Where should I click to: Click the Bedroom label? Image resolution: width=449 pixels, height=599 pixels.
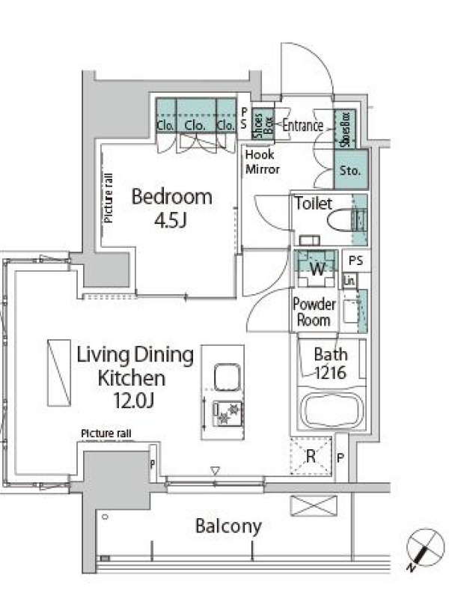(x=172, y=196)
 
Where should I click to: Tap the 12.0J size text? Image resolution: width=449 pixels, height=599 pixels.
(x=134, y=401)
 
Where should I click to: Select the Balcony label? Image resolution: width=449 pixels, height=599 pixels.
(x=228, y=526)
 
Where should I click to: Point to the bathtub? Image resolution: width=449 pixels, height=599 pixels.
(x=332, y=410)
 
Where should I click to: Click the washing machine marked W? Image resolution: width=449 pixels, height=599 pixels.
(x=317, y=268)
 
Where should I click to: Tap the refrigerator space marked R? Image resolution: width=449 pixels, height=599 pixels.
(x=311, y=456)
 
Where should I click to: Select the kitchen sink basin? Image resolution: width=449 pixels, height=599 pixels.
(x=227, y=377)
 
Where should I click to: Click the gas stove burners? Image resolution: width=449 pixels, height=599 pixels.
(x=227, y=413)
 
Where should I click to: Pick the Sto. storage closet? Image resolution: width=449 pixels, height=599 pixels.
(x=351, y=169)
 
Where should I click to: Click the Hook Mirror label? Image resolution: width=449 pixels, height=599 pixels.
(x=263, y=162)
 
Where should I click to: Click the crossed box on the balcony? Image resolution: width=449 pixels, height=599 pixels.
(x=314, y=506)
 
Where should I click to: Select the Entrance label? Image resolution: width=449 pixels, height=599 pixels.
(x=303, y=125)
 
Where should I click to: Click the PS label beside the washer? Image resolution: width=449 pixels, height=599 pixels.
(x=356, y=261)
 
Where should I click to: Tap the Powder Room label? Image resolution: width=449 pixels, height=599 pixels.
(x=314, y=312)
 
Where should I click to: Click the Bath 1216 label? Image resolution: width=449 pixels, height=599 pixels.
(x=331, y=363)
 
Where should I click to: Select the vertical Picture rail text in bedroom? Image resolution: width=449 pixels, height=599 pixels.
(x=109, y=198)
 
